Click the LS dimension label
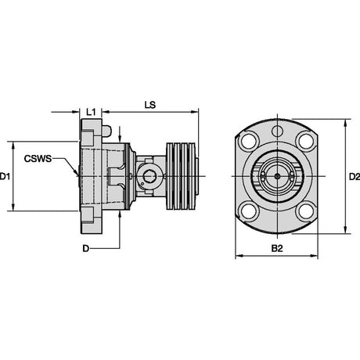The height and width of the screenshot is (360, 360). (150, 105)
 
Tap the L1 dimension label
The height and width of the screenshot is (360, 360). (91, 112)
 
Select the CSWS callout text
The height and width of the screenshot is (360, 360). (38, 159)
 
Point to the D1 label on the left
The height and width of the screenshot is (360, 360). (5, 177)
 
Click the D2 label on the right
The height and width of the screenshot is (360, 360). (355, 177)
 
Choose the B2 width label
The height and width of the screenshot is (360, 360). (277, 248)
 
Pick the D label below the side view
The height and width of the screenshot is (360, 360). (86, 249)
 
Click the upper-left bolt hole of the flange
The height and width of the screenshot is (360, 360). (250, 141)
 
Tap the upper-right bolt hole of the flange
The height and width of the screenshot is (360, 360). (306, 141)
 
